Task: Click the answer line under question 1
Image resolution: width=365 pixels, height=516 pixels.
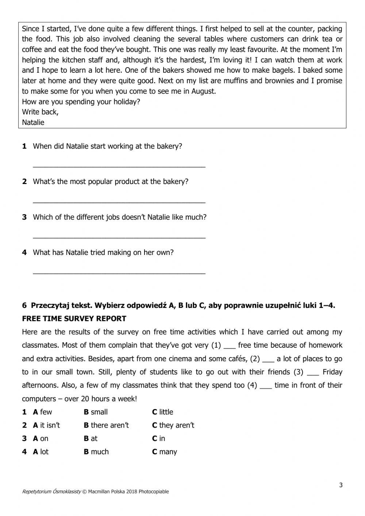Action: click(x=119, y=166)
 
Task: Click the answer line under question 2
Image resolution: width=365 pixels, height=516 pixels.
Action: click(x=119, y=202)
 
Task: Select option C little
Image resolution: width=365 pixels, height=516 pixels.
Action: click(x=162, y=412)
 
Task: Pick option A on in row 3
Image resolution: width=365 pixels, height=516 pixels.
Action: click(x=41, y=439)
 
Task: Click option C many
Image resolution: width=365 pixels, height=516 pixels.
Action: click(x=164, y=452)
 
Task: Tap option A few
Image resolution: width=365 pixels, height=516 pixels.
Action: click(x=42, y=412)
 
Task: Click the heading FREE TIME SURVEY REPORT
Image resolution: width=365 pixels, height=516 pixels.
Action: click(x=74, y=319)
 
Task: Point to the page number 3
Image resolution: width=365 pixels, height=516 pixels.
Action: click(x=341, y=485)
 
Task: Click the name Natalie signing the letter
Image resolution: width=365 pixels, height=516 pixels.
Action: click(x=33, y=123)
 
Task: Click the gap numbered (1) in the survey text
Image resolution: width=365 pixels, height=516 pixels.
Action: click(x=229, y=345)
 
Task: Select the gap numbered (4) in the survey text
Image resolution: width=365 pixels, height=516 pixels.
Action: click(x=266, y=385)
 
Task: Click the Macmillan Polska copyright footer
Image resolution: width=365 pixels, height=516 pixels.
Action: click(x=95, y=492)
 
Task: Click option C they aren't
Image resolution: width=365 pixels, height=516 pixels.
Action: click(x=173, y=425)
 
